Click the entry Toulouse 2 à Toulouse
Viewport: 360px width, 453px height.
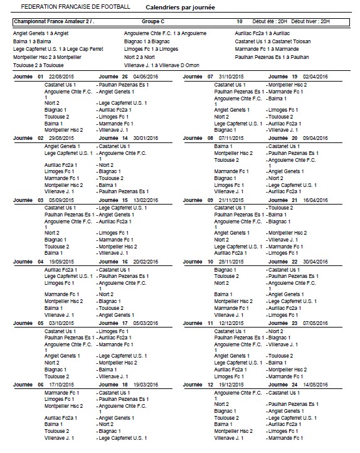click(38, 65)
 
